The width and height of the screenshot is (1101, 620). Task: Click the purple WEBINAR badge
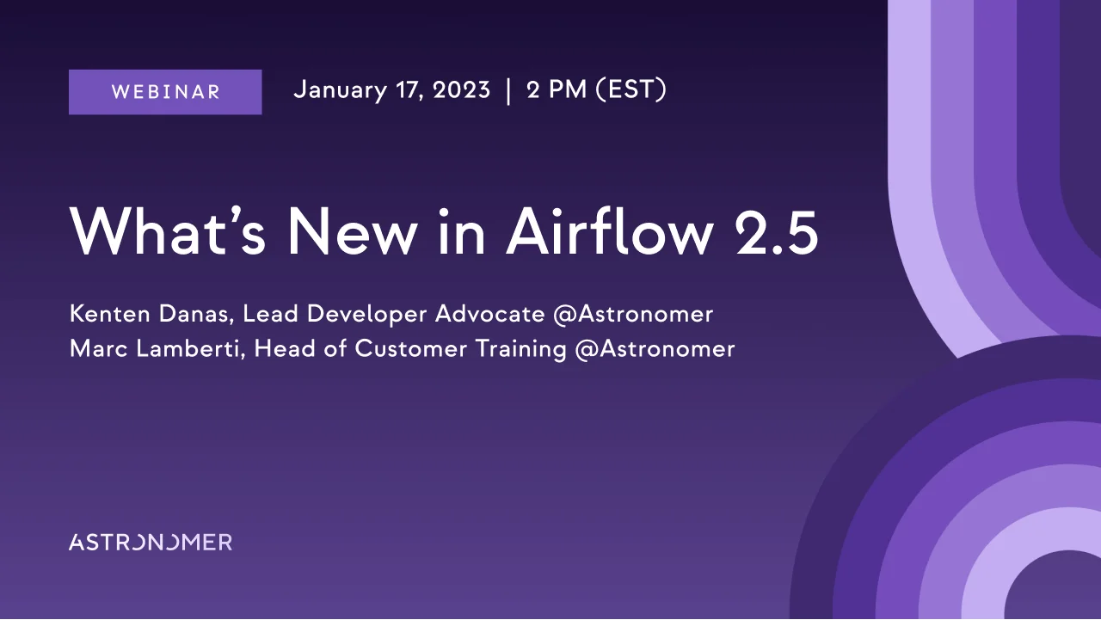coord(165,92)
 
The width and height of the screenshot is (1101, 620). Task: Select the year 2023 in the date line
coord(461,90)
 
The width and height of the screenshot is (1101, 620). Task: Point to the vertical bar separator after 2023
coord(508,91)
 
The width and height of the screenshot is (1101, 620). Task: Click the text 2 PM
coord(557,90)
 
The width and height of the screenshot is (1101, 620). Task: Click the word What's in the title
coord(168,230)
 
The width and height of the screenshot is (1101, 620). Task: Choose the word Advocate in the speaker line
coord(489,314)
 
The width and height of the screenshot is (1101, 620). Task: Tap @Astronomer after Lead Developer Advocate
coord(633,314)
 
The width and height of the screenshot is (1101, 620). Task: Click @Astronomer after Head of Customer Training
coord(655,349)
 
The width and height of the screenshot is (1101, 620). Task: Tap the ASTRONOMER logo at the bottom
coord(151,542)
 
